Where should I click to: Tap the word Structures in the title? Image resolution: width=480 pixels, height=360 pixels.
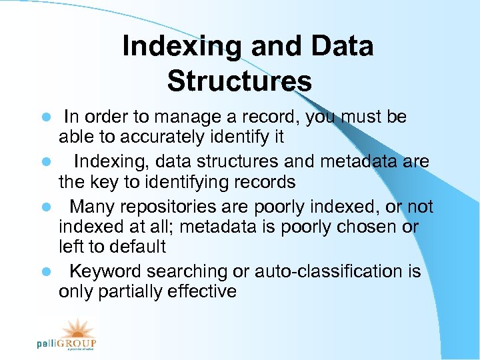(239, 81)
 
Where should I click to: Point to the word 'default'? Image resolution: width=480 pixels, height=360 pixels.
(139, 247)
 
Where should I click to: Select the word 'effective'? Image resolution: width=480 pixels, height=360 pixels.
(203, 291)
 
